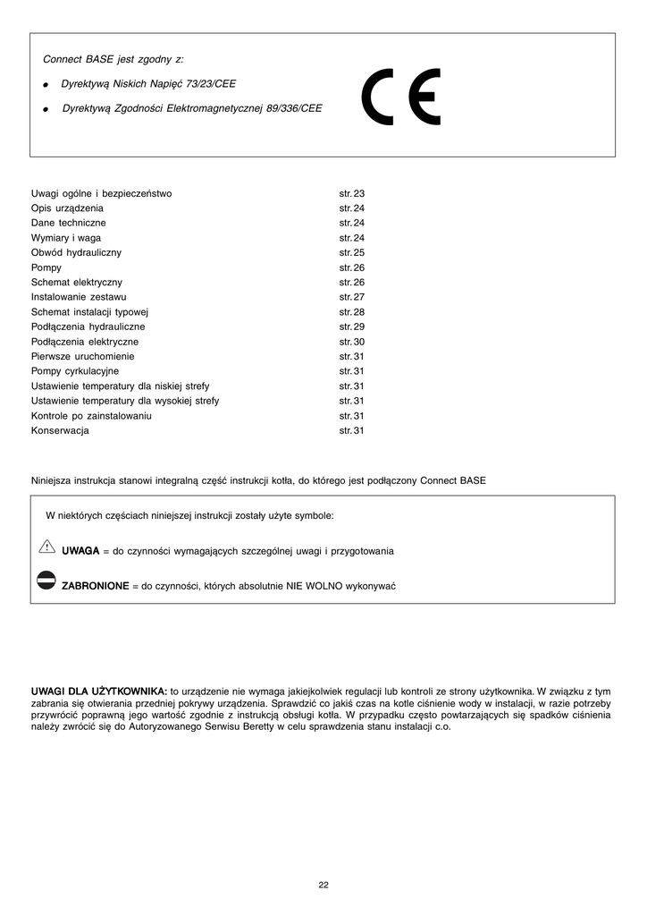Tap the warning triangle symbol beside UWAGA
(47, 547)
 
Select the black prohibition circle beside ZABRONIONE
(47, 581)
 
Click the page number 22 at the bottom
(323, 885)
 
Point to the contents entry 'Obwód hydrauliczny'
(77, 253)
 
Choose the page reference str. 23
(352, 193)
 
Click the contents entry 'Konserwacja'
(60, 430)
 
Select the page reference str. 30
(352, 342)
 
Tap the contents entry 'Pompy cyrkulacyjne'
(75, 371)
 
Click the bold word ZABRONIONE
(95, 586)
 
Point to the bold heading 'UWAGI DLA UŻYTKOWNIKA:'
(99, 691)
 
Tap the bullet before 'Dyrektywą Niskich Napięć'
(45, 84)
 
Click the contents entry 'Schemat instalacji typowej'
(89, 312)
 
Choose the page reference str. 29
(352, 327)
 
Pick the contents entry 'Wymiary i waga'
(66, 238)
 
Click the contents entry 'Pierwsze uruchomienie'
(83, 356)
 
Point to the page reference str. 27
(352, 297)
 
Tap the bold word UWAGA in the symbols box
(80, 551)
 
